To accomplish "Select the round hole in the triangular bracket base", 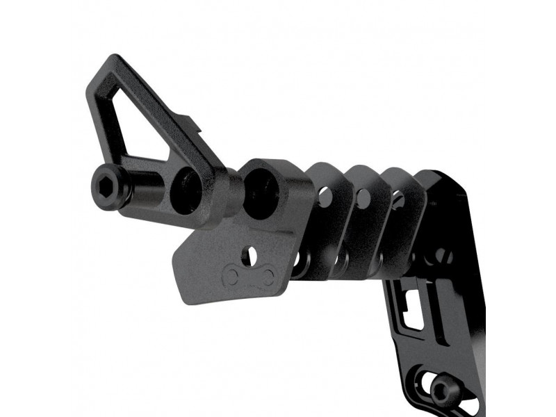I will (186, 188).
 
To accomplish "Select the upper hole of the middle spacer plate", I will (362, 197).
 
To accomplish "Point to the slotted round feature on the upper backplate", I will (443, 256).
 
